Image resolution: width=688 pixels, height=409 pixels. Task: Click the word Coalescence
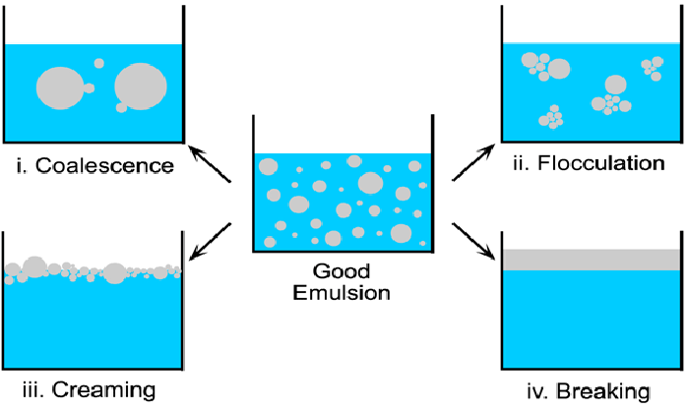pos(105,164)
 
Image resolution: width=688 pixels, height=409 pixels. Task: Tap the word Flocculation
pos(597,162)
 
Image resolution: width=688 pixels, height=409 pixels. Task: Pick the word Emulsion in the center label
pos(343,292)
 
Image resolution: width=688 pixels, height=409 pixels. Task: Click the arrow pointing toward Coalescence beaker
pos(210,165)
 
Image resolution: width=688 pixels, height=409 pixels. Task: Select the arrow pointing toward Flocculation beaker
pos(473,163)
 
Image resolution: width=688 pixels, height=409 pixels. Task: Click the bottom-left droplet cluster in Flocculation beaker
pos(551,119)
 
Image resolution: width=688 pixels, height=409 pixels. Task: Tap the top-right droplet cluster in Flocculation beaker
pos(652,67)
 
